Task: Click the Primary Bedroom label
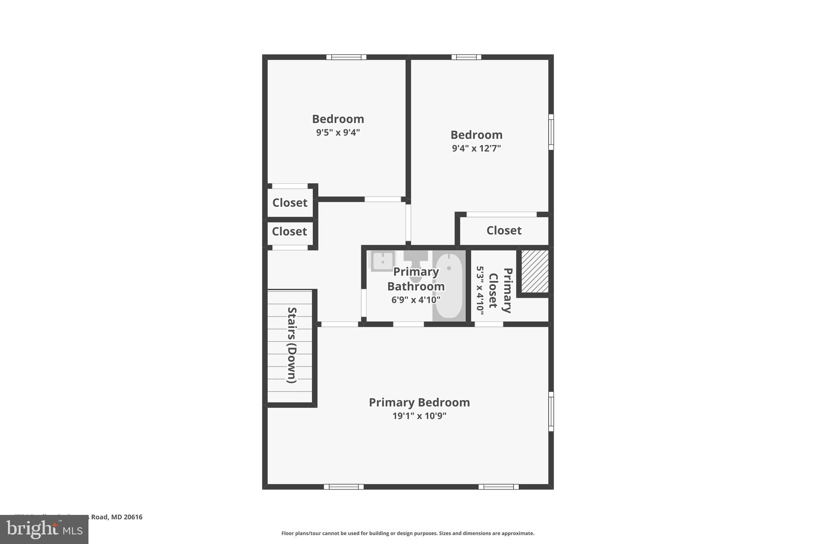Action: (419, 403)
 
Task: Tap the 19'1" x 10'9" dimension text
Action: (419, 416)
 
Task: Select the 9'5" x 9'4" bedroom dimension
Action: (338, 132)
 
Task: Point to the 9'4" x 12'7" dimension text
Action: (476, 148)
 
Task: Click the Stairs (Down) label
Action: (292, 345)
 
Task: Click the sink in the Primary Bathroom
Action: (382, 261)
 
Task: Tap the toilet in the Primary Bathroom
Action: (416, 263)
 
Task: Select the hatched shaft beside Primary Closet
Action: (535, 271)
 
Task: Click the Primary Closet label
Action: (500, 290)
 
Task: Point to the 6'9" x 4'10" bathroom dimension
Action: (416, 300)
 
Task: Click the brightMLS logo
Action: (44, 529)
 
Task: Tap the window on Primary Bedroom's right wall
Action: (551, 411)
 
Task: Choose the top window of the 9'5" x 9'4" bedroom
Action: (346, 57)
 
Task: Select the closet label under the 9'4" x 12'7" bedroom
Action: (504, 230)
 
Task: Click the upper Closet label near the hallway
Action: (290, 202)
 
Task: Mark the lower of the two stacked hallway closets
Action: (289, 232)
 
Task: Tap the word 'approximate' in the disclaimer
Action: (517, 533)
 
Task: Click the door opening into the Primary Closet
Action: (489, 324)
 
